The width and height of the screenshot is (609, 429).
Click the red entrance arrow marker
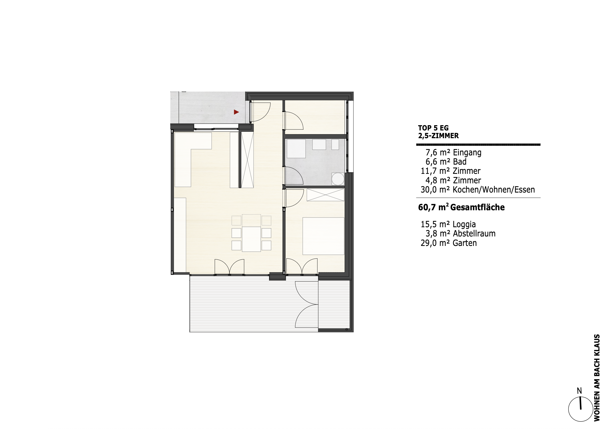pos(236,112)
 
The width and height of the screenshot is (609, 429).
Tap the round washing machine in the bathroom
pos(338,179)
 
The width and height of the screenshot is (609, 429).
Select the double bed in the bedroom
pos(323,236)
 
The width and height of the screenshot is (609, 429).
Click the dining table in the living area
pos(251,239)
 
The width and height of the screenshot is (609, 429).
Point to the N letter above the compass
pos(580,391)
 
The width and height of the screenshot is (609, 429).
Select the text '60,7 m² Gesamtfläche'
pos(461,207)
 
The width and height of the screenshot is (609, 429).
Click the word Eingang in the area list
pos(467,153)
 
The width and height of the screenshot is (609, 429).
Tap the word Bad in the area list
pos(460,162)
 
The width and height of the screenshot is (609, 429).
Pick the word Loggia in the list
pos(464,225)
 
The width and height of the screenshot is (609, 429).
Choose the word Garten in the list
pos(465,243)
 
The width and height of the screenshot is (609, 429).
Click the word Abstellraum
pos(474,234)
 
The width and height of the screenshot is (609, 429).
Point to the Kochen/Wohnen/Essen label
pos(494,190)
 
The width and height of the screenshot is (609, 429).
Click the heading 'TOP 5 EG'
pos(433,128)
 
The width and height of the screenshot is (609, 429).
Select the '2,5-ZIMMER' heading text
pos(438,136)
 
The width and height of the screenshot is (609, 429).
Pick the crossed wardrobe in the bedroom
pos(325,195)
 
